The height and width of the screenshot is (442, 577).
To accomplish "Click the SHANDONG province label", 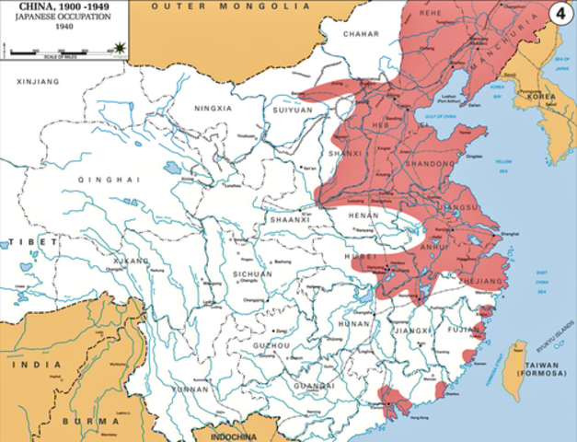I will pos(430,163).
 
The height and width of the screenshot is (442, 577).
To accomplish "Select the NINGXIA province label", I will pos(213,108).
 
